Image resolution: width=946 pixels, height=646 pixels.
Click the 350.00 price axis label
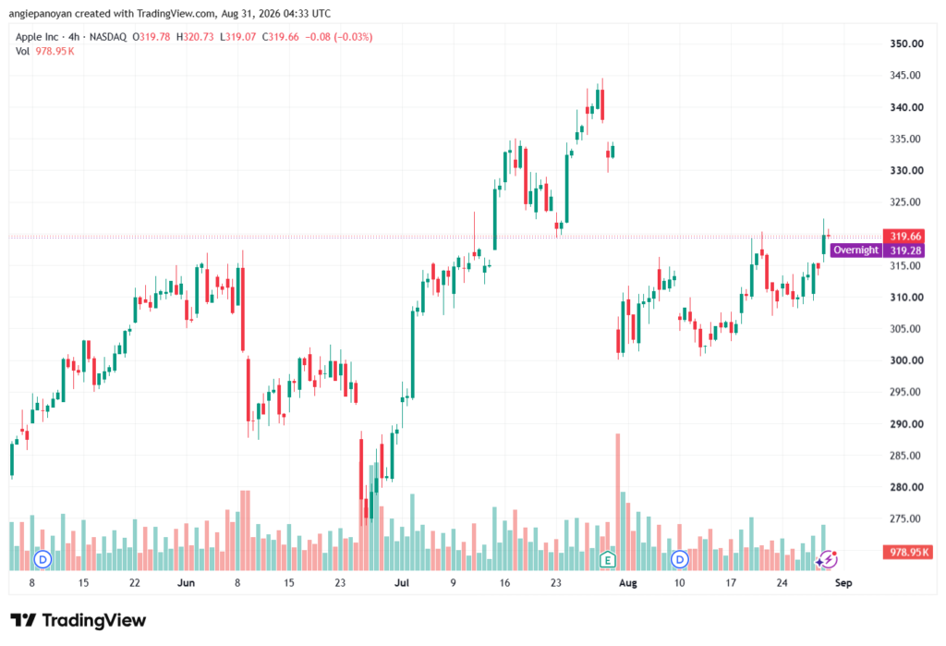click(907, 43)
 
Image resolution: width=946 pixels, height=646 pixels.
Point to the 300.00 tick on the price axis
click(907, 360)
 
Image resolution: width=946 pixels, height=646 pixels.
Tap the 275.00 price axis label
click(907, 518)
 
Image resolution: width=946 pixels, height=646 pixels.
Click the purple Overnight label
click(855, 250)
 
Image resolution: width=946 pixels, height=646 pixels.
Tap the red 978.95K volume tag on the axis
click(908, 552)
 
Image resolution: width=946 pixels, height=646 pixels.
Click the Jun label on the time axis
click(186, 582)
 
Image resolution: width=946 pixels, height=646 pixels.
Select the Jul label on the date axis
click(401, 582)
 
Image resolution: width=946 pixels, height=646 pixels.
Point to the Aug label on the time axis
click(628, 582)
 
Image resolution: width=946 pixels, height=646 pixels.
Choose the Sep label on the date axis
click(843, 582)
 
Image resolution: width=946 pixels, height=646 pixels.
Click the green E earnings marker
click(608, 560)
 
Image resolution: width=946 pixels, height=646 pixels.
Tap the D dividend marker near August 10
click(680, 560)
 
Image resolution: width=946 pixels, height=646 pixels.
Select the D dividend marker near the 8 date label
click(42, 560)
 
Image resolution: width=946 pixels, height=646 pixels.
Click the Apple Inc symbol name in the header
click(37, 37)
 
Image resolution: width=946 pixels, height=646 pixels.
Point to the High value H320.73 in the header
click(195, 37)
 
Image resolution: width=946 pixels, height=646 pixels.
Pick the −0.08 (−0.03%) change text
click(338, 37)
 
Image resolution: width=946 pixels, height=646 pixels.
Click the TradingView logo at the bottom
click(79, 620)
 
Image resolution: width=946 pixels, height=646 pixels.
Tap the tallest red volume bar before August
click(617, 502)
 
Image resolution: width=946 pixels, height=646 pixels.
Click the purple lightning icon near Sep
click(827, 559)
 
